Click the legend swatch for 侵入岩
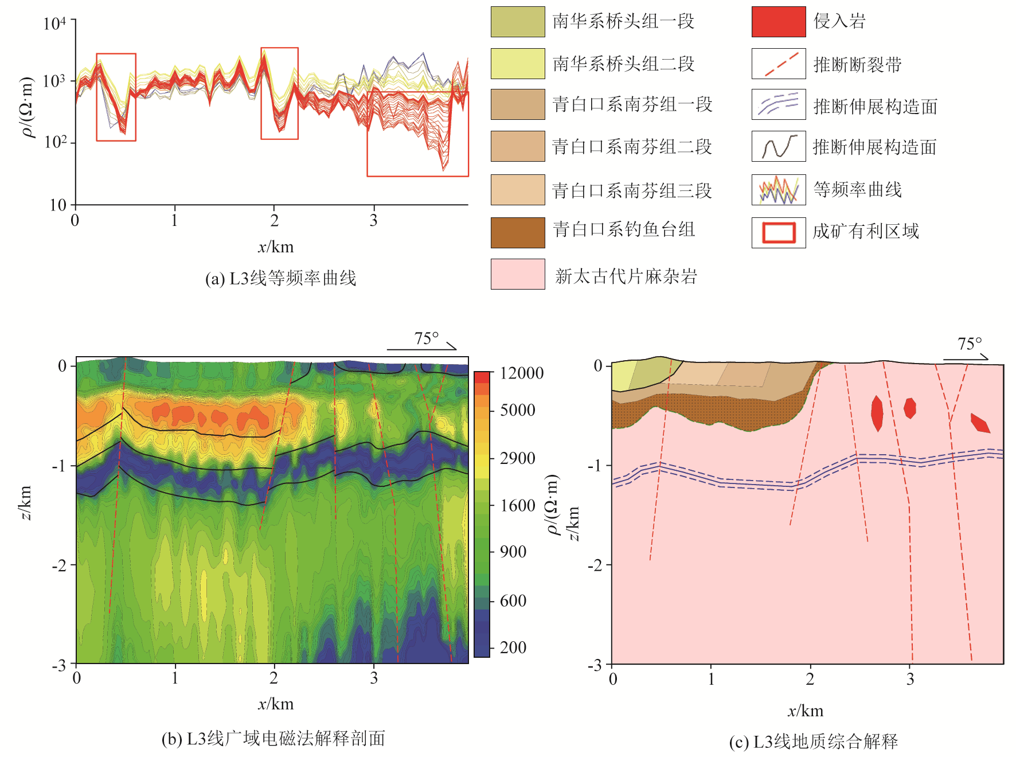778,22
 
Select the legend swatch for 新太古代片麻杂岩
517,274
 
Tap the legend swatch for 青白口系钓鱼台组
517,232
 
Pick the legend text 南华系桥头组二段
623,64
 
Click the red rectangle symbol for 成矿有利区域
778,232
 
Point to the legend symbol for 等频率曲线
778,190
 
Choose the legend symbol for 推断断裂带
778,64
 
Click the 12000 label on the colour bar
521,373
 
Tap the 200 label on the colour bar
513,647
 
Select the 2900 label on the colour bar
517,458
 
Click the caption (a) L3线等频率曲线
280,279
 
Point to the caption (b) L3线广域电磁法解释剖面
273,739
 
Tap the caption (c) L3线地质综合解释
813,742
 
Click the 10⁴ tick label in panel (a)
55,24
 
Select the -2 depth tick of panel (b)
59,565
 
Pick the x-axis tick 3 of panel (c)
910,680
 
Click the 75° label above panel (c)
970,344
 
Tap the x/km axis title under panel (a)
276,247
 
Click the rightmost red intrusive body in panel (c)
980,423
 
